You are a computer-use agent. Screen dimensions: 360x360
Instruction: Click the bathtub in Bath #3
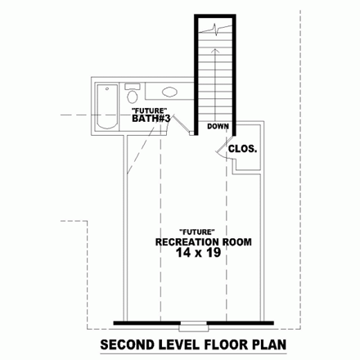[x=107, y=106]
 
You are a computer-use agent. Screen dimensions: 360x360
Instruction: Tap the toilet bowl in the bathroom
[x=133, y=97]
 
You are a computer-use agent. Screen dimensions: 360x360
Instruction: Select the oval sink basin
[x=169, y=92]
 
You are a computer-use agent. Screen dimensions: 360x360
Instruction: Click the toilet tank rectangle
[x=133, y=87]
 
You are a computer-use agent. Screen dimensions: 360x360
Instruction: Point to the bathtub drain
[x=107, y=88]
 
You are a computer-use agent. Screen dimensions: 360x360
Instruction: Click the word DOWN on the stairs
[x=218, y=126]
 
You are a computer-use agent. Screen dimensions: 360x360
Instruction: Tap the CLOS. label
[x=242, y=149]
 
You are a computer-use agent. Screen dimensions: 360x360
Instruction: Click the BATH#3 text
[x=151, y=119]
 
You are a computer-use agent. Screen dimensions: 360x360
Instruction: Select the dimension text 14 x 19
[x=198, y=253]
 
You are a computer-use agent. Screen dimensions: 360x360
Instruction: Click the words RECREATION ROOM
[x=204, y=242]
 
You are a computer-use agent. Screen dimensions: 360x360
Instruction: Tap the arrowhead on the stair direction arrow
[x=215, y=51]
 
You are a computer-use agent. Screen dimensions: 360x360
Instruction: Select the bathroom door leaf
[x=182, y=124]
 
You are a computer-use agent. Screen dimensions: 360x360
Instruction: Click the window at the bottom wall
[x=193, y=326]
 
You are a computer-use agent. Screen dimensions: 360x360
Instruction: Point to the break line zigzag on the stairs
[x=215, y=29]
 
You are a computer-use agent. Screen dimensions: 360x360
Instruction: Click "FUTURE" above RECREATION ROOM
[x=196, y=232]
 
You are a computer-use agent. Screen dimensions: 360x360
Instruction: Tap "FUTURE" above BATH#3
[x=149, y=110]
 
